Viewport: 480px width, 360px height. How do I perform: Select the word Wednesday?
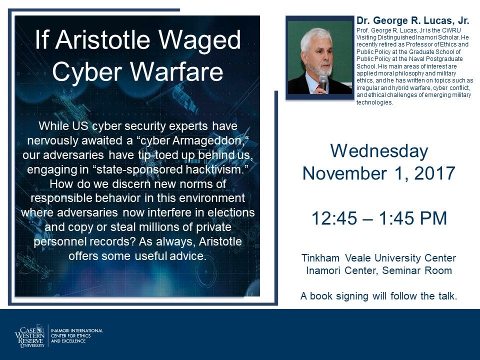click(379, 151)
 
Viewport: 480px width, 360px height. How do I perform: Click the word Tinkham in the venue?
click(320, 258)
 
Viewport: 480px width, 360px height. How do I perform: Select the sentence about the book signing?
click(378, 296)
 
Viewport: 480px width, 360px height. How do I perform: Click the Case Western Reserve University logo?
click(30, 336)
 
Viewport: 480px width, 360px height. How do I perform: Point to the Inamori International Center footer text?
click(76, 335)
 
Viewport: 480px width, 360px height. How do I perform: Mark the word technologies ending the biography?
click(374, 102)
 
